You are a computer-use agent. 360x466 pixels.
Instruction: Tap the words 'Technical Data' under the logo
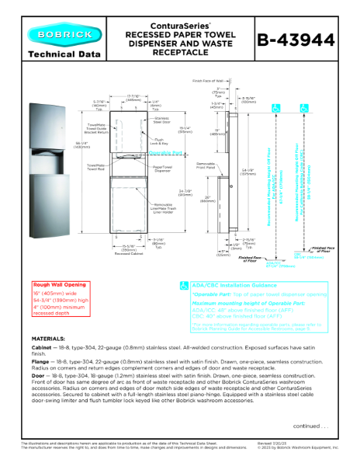(59, 54)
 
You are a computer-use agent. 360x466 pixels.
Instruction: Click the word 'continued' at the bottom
(306, 447)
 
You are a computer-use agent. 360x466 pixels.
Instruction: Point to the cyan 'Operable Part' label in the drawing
(164, 153)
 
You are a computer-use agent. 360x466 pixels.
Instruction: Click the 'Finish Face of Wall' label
(206, 80)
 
